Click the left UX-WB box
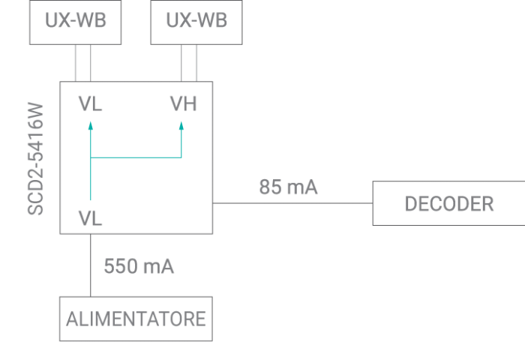click(75, 21)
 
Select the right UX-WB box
click(197, 21)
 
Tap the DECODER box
click(448, 203)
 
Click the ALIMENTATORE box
click(136, 319)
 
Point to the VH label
click(183, 104)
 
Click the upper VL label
click(91, 104)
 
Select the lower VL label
click(91, 218)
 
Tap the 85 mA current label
click(289, 187)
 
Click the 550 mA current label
click(139, 266)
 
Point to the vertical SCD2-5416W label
click(36, 158)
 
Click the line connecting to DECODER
click(292, 203)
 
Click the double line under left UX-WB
click(83, 63)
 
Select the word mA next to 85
click(303, 187)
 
